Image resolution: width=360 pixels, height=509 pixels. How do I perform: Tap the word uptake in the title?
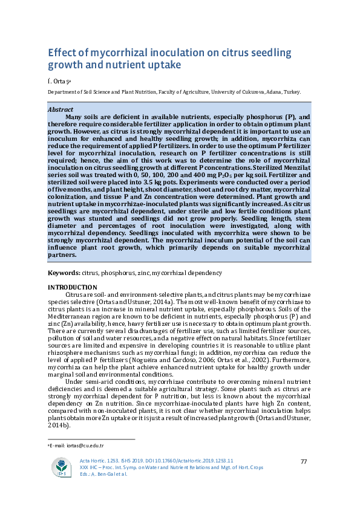coord(165,63)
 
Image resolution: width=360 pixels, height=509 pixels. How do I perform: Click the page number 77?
coord(304,462)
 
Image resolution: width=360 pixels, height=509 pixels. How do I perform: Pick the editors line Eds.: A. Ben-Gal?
coord(104,474)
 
